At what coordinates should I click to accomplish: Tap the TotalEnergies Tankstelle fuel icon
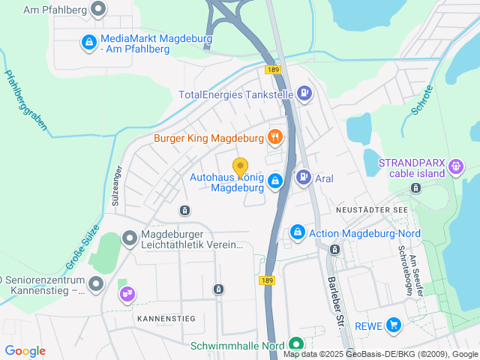click(x=304, y=94)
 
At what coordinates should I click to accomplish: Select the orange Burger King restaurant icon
click(x=276, y=137)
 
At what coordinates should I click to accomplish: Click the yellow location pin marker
click(x=240, y=167)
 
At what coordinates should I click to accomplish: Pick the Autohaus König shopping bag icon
click(x=275, y=181)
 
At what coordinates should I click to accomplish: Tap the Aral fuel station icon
click(x=303, y=178)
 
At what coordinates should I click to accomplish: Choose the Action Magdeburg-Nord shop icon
click(x=298, y=233)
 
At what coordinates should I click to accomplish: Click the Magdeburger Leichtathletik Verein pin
click(x=130, y=238)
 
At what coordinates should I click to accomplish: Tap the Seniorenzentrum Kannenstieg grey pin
click(x=96, y=284)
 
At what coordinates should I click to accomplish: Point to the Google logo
click(x=25, y=351)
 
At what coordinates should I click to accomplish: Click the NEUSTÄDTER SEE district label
click(x=372, y=210)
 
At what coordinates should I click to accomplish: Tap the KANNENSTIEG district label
click(x=166, y=319)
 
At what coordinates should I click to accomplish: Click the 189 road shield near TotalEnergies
click(x=272, y=69)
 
